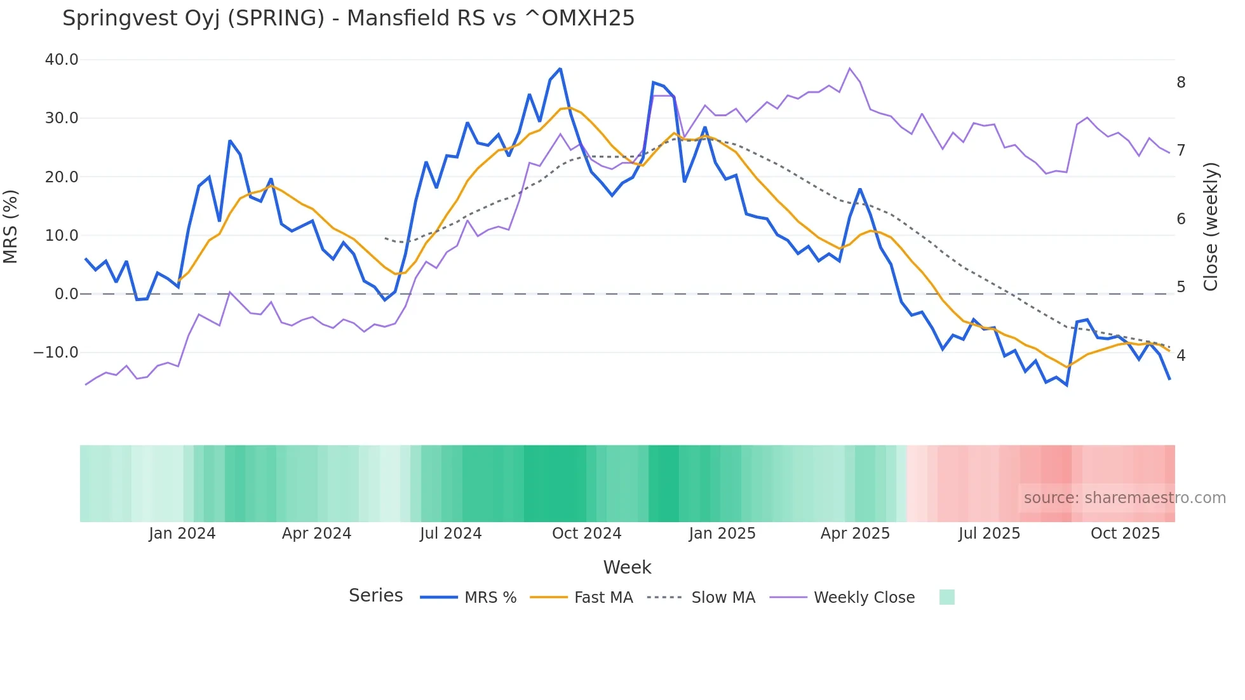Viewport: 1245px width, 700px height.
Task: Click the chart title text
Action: point(348,18)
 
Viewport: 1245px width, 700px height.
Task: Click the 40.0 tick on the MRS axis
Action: point(62,60)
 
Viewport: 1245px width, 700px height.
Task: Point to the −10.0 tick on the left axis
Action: point(56,353)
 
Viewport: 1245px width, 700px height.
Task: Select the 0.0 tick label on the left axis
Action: point(66,294)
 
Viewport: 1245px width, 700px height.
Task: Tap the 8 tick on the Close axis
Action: point(1181,83)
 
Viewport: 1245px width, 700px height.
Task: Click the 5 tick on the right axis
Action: point(1181,287)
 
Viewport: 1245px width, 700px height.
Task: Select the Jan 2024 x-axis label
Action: point(182,534)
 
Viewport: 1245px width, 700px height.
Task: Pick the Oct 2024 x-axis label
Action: point(586,534)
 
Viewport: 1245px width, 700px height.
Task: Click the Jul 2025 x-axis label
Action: point(989,534)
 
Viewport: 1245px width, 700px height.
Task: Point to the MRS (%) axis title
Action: point(11,226)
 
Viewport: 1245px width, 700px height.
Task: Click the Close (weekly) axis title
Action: point(1211,226)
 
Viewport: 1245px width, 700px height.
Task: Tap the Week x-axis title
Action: point(627,567)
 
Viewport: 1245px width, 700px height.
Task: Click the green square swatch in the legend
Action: point(946,597)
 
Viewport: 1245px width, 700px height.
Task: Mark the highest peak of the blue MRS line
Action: point(560,69)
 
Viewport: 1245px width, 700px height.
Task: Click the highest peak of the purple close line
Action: point(850,68)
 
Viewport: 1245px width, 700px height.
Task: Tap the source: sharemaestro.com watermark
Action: point(1124,498)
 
